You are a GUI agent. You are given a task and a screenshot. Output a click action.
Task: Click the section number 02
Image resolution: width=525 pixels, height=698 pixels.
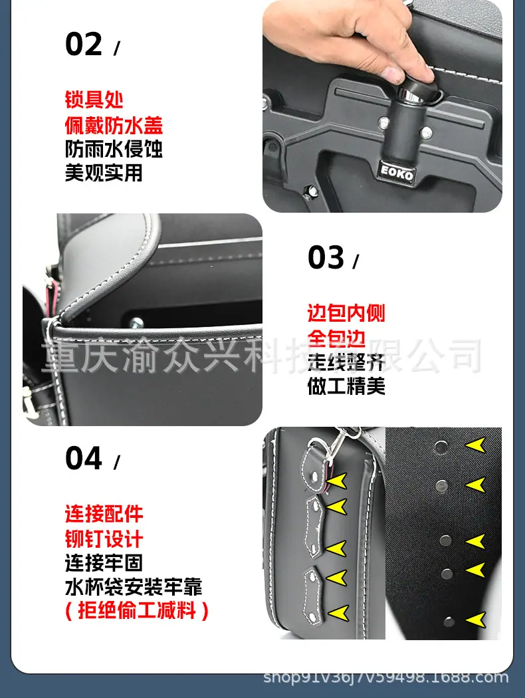[x=84, y=44]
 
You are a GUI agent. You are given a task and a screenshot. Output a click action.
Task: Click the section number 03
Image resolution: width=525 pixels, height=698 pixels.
[x=326, y=257]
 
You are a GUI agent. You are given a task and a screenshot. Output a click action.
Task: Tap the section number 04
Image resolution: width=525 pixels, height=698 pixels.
[x=84, y=458]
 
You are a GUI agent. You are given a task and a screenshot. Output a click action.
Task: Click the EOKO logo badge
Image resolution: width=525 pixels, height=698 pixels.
[x=397, y=173]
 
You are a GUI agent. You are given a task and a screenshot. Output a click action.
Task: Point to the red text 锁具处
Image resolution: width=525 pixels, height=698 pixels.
[x=94, y=99]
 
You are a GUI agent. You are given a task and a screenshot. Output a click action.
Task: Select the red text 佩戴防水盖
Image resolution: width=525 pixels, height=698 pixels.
[x=114, y=125]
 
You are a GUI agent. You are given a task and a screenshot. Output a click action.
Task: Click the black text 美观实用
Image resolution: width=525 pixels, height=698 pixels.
[x=104, y=173]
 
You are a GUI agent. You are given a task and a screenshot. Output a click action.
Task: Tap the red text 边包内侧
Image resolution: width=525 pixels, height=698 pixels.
[x=346, y=313]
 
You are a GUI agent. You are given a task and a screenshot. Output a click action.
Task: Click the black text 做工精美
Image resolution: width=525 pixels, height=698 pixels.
[x=346, y=386]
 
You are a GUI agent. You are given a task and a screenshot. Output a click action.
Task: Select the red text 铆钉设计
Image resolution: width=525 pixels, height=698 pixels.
[x=104, y=538]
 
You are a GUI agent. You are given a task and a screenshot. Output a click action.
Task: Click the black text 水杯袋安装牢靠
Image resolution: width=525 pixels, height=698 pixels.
[x=134, y=587]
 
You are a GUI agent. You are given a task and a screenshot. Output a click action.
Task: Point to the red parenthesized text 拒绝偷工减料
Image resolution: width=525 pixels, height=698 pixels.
[x=137, y=610]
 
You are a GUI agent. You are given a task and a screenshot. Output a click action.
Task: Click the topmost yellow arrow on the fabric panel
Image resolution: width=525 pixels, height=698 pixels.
[x=475, y=445]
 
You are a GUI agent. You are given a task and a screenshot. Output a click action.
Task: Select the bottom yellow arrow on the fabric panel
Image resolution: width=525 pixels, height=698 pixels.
[x=475, y=620]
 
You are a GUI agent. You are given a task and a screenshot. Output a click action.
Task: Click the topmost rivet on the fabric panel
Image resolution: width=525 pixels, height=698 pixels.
[x=442, y=445]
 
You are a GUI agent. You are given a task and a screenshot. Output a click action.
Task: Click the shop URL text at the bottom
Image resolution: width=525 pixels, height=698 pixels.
[x=385, y=677]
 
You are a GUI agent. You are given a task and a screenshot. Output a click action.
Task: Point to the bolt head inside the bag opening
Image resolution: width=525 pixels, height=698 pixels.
[x=136, y=322]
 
